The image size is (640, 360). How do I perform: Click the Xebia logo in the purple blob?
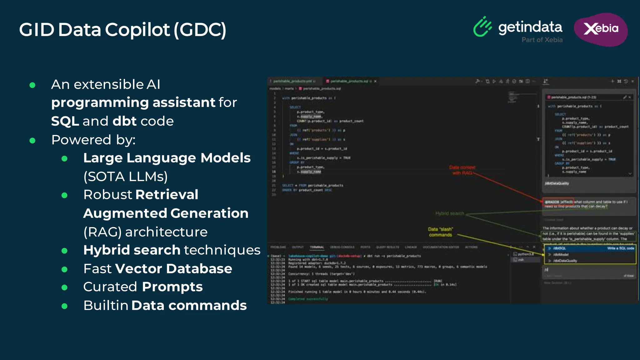[x=601, y=29]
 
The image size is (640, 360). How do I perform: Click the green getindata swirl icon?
[x=482, y=27]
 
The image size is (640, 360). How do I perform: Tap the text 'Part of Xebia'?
[x=542, y=40]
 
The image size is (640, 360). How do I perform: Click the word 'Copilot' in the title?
[x=137, y=30]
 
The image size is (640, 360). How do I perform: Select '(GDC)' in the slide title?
[x=200, y=30]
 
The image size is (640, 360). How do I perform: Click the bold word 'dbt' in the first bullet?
[x=125, y=121]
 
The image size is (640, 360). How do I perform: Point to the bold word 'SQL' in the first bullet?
[x=65, y=121]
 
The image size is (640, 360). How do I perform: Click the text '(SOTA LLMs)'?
[x=125, y=177]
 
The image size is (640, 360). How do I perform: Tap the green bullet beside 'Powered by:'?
[x=32, y=141]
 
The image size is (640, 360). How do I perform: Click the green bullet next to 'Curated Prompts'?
[x=64, y=287]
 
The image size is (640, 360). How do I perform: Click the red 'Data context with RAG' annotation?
[x=462, y=170]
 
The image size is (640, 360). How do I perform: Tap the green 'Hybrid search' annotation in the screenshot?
[x=450, y=213]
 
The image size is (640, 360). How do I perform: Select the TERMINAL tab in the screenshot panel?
[x=317, y=247]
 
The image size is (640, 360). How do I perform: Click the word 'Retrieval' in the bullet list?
[x=167, y=195]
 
